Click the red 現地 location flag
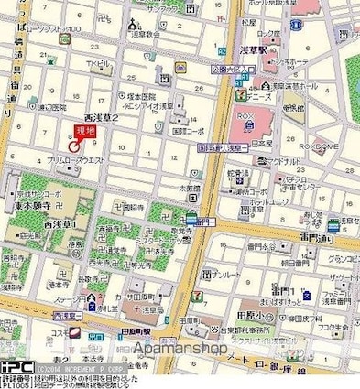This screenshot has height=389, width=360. pos(85,131)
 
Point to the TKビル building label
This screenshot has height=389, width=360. pos(97,63)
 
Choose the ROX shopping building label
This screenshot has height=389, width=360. pos(258,115)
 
